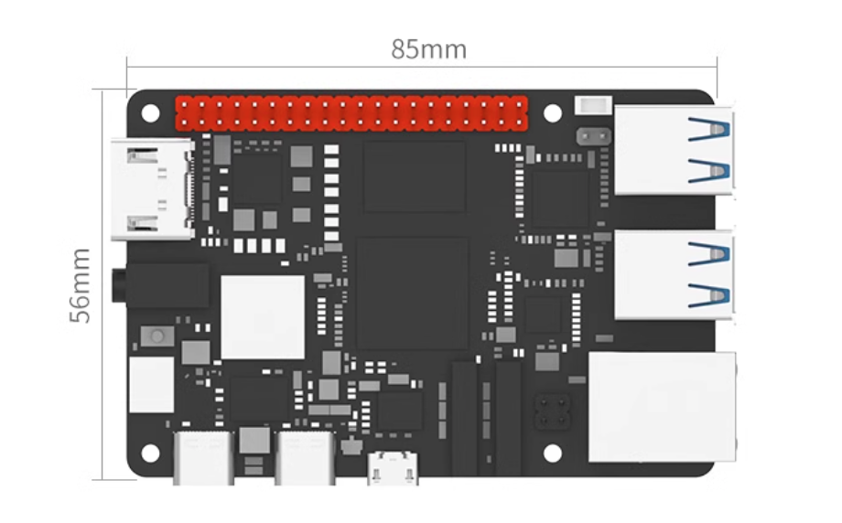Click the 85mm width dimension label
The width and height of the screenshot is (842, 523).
tap(428, 48)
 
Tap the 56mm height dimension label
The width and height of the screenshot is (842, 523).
tap(81, 283)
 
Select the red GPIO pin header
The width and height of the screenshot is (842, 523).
tap(351, 114)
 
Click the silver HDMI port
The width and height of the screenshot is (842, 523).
tap(151, 189)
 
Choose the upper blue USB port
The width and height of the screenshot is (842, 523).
tap(675, 150)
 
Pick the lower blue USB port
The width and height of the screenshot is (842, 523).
tap(675, 274)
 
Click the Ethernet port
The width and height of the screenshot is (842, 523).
tap(662, 406)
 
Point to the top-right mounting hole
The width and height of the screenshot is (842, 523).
tap(552, 113)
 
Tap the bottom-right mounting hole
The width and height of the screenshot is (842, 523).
tap(552, 453)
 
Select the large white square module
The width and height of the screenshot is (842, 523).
tap(263, 317)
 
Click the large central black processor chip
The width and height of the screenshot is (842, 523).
tap(412, 291)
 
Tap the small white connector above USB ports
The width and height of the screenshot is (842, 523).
tap(591, 106)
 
